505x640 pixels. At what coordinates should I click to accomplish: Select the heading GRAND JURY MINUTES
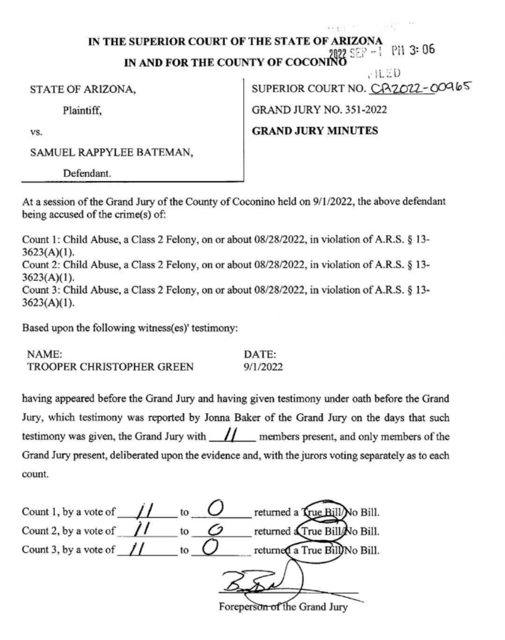pos(315,131)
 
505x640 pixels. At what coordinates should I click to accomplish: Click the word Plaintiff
pos(82,110)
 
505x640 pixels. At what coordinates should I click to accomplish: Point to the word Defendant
pos(87,173)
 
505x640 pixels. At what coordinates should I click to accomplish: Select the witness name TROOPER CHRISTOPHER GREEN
pos(111,367)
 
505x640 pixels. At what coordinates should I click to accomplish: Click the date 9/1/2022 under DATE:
pos(263,367)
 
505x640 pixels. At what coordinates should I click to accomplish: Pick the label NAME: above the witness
pos(44,354)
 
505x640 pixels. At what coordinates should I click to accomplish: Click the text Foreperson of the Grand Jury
pos(283,607)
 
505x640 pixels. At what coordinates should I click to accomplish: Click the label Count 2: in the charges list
pos(41,265)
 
